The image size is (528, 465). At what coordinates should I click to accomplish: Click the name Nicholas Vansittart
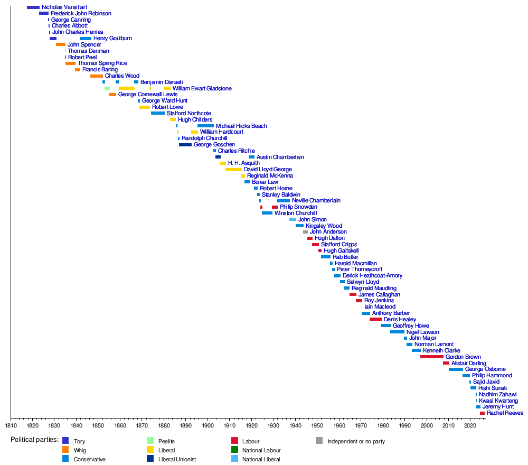[x=64, y=7]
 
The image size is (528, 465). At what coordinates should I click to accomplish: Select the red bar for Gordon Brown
[x=431, y=357]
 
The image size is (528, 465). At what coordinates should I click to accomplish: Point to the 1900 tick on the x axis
[x=208, y=417]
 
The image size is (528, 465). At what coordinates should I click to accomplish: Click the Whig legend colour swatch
[x=65, y=450]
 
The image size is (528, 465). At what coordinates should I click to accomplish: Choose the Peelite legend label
[x=166, y=441]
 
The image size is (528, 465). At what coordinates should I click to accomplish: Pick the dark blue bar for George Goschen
[x=185, y=145]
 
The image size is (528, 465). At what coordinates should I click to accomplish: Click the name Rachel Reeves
[x=505, y=413]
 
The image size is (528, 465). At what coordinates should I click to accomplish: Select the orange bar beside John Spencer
[x=61, y=45]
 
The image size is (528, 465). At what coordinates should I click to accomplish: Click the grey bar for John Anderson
[x=305, y=232]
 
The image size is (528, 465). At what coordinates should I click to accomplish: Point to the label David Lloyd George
[x=268, y=170]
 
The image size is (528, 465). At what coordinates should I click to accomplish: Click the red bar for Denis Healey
[x=375, y=320]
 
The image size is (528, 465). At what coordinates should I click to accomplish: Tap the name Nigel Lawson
[x=422, y=332]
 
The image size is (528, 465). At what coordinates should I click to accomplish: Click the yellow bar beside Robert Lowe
[x=145, y=107]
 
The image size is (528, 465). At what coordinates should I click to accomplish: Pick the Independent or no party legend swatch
[x=319, y=441]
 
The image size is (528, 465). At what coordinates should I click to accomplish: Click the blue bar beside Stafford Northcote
[x=158, y=114]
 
